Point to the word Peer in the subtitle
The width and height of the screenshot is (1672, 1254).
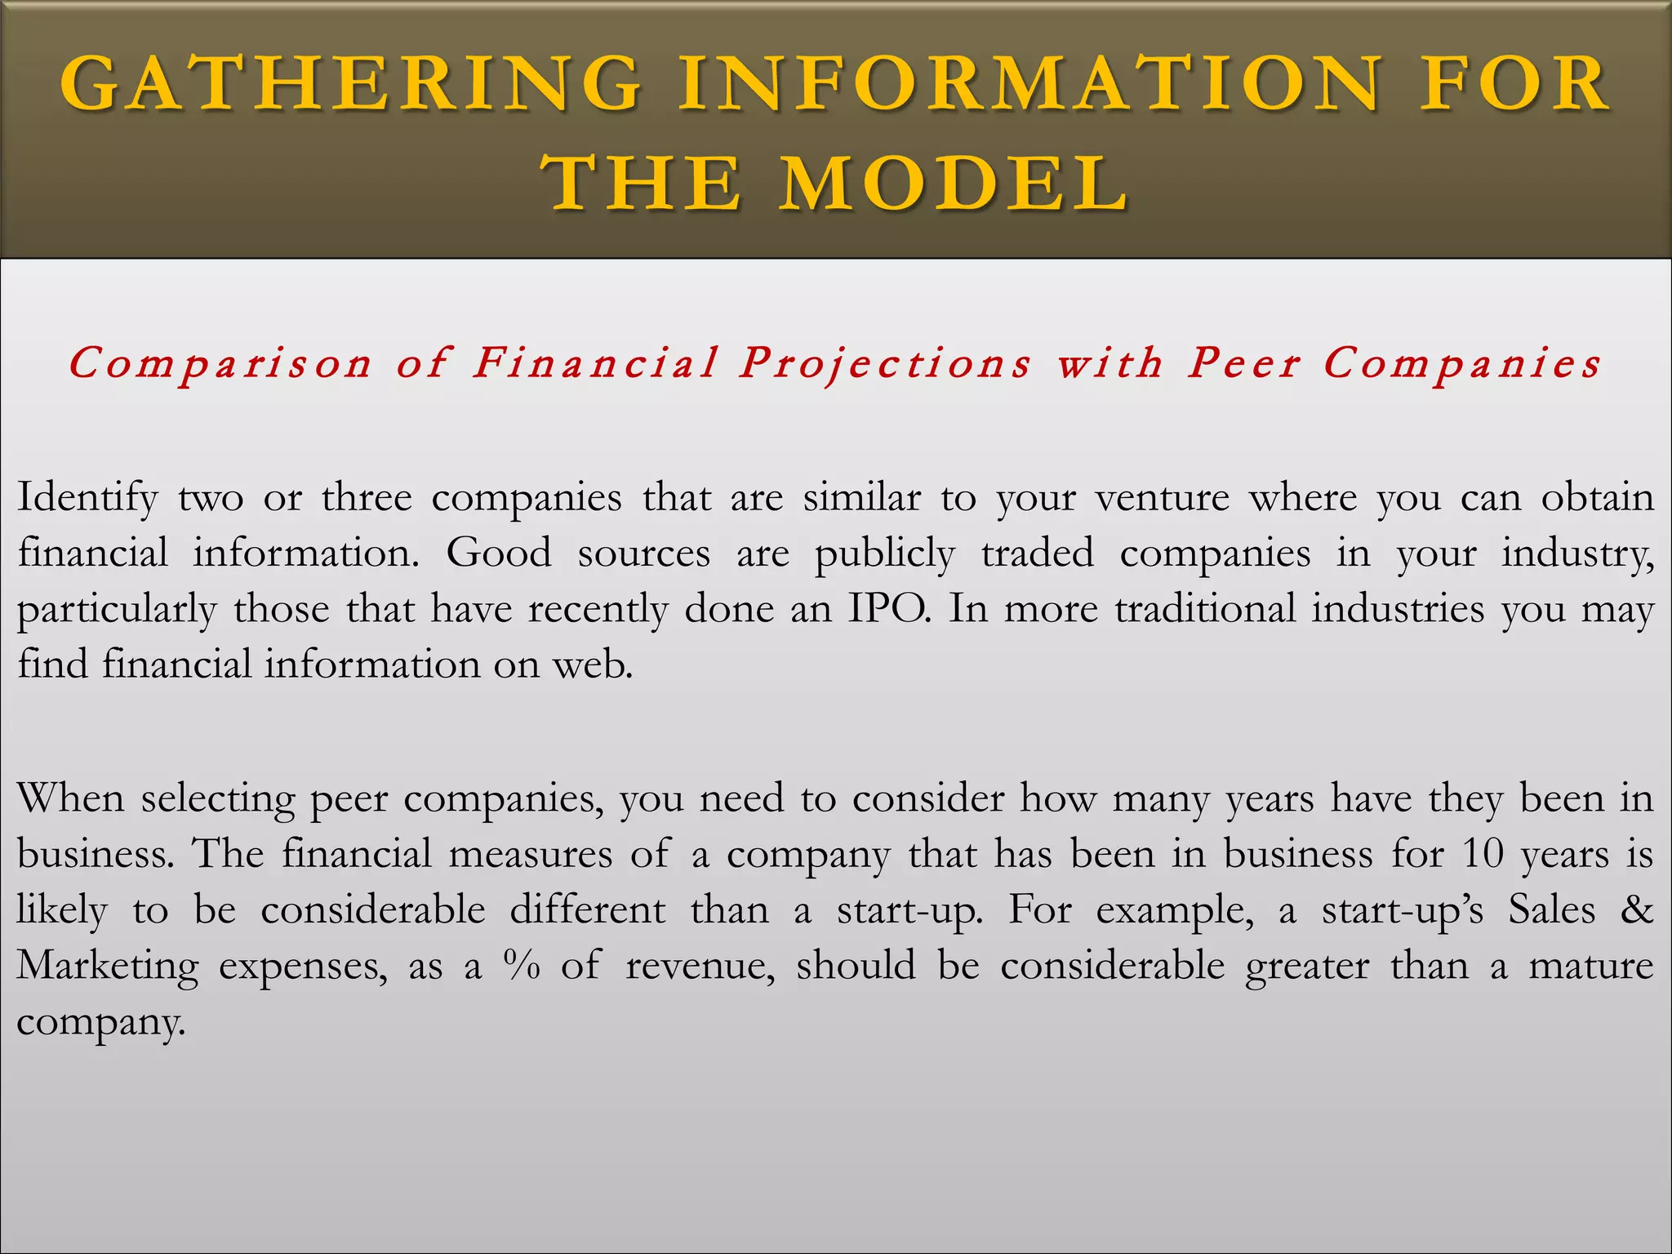[1243, 362]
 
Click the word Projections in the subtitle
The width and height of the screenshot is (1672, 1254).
[886, 364]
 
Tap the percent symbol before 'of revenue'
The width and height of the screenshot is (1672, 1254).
[522, 966]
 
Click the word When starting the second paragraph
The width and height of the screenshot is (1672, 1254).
[70, 798]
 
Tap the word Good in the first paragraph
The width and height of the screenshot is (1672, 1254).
[498, 554]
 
